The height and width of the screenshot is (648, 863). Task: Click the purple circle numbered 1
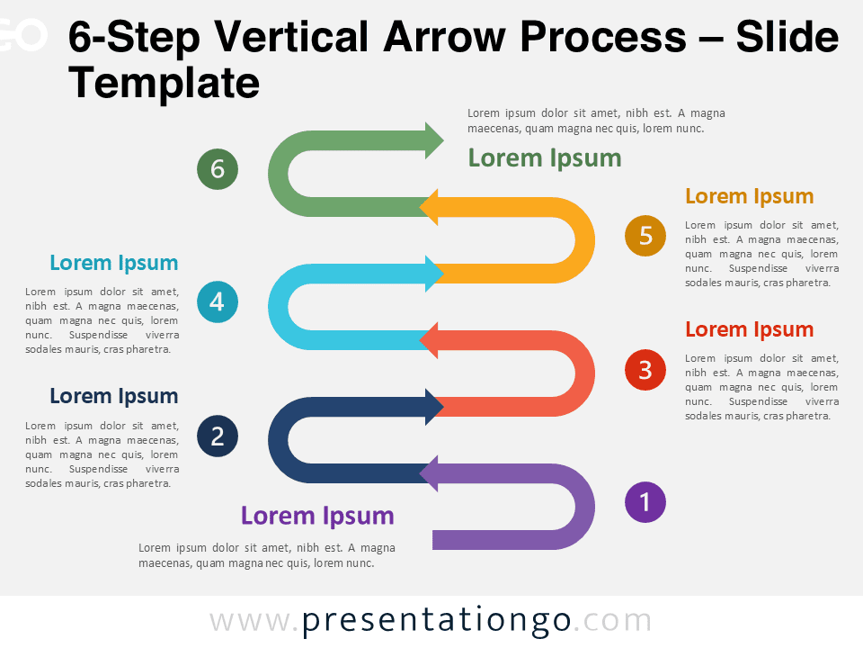(645, 502)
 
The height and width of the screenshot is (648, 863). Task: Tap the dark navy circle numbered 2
(218, 436)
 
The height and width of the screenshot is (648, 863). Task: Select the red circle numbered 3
(645, 370)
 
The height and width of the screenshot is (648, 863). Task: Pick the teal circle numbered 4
(218, 302)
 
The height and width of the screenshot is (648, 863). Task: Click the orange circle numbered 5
(645, 236)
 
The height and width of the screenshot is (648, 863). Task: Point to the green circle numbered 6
(218, 169)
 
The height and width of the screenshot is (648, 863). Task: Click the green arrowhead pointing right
(433, 140)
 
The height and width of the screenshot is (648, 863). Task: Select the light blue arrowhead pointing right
(433, 274)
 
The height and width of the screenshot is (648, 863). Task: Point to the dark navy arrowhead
(433, 407)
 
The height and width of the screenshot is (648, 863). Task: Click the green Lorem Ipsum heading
(545, 158)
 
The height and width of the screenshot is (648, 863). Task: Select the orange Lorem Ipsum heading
(749, 196)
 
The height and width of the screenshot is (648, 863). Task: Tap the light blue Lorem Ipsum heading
(114, 263)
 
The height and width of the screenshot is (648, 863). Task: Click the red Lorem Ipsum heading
(749, 329)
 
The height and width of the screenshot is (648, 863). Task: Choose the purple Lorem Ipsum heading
(317, 516)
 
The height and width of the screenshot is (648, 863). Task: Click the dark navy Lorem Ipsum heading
(114, 396)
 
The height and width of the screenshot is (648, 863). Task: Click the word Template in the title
(165, 84)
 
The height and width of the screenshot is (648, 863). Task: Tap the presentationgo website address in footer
(431, 621)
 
